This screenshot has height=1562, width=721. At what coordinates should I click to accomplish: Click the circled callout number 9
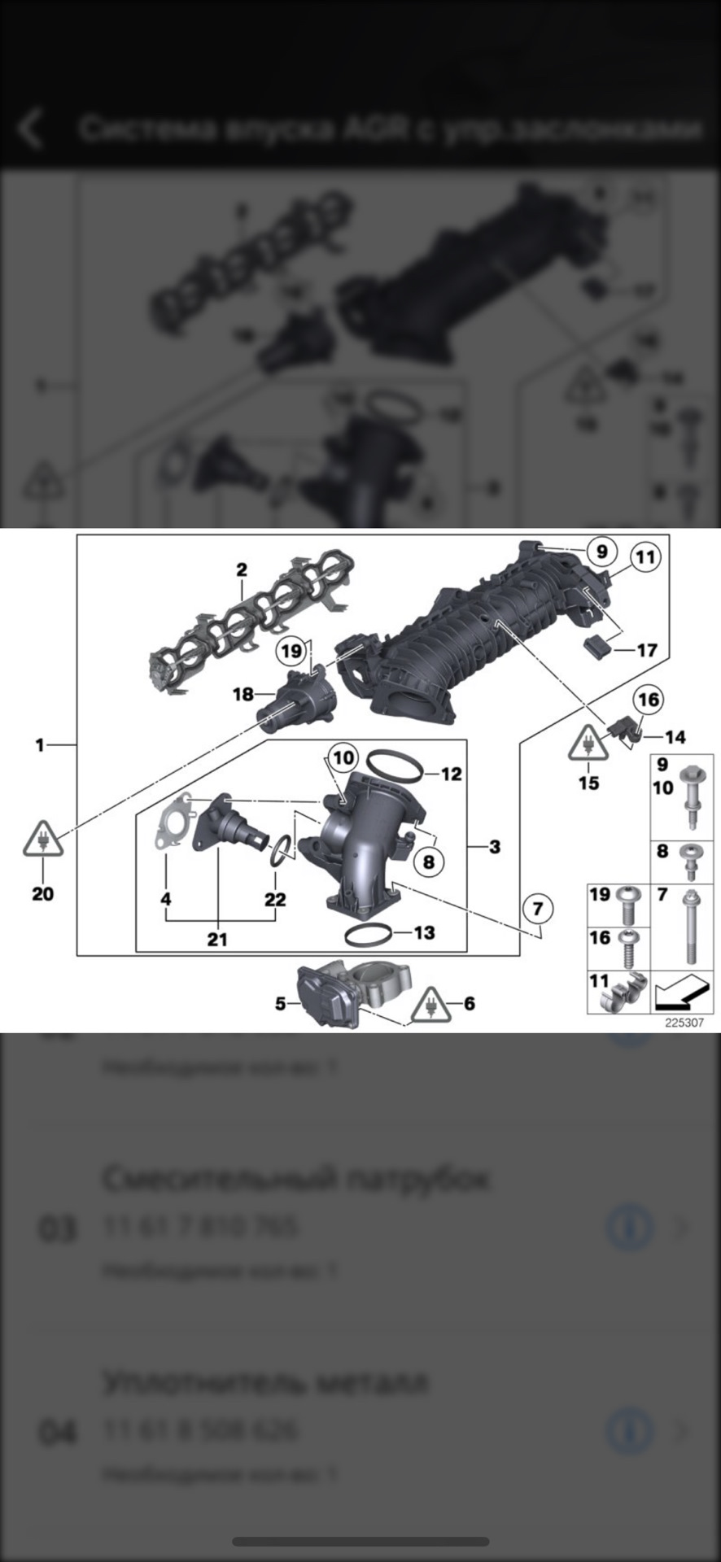[x=601, y=552]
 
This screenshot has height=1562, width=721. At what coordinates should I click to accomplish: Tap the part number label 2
[x=242, y=570]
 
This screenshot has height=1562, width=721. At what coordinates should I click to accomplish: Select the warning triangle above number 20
[x=43, y=840]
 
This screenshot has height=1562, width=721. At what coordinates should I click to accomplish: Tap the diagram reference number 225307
[x=684, y=1023]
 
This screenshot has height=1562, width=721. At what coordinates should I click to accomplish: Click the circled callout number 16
[x=648, y=699]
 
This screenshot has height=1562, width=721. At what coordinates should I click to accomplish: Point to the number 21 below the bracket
[x=216, y=940]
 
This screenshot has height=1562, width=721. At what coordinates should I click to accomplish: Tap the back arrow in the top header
[x=31, y=129]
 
